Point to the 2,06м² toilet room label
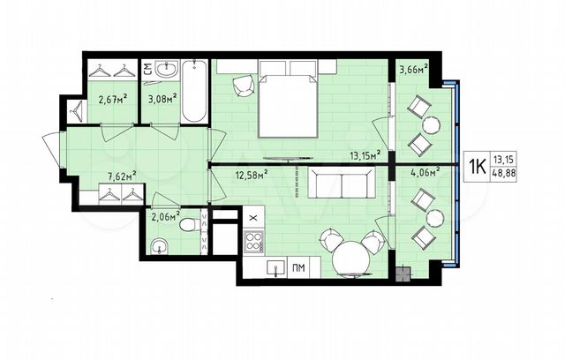(x=165, y=214)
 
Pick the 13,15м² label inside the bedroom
(x=364, y=154)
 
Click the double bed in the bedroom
(x=286, y=105)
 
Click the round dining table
(x=355, y=258)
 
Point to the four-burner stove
(x=254, y=241)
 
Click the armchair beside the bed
(x=242, y=84)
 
